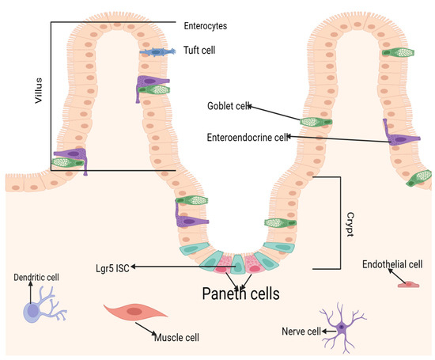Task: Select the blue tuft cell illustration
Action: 162,51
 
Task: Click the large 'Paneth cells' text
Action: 231,294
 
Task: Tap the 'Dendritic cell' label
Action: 36,278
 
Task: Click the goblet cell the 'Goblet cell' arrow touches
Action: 311,120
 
